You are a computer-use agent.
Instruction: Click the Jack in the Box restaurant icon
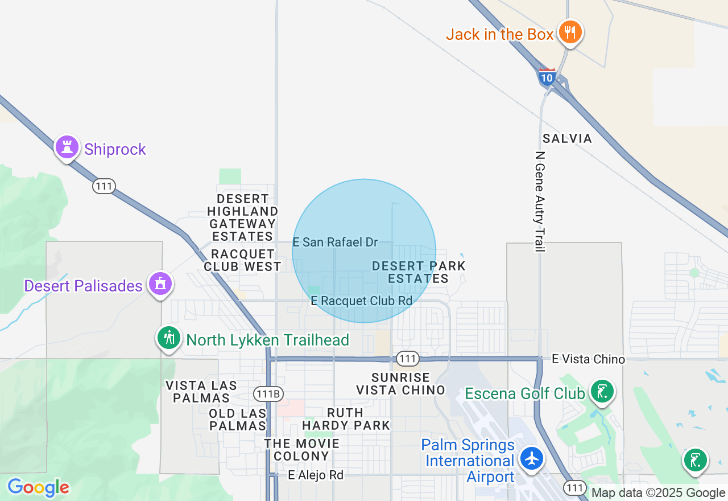pyautogui.click(x=569, y=32)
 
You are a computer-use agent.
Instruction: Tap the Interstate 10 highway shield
pyautogui.click(x=547, y=77)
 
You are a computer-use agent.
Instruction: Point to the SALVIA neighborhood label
pyautogui.click(x=567, y=138)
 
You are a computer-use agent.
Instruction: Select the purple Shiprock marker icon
pyautogui.click(x=67, y=147)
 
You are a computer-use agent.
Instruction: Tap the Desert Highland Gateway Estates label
pyautogui.click(x=243, y=217)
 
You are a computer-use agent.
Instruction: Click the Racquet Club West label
pyautogui.click(x=242, y=260)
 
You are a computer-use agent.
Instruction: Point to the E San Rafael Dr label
pyautogui.click(x=335, y=243)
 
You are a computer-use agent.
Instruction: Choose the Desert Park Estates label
pyautogui.click(x=419, y=272)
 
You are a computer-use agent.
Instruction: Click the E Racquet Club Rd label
pyautogui.click(x=361, y=301)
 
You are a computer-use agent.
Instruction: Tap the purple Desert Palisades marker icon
pyautogui.click(x=160, y=284)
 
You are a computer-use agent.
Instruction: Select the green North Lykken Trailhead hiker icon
pyautogui.click(x=168, y=338)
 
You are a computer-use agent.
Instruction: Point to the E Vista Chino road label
pyautogui.click(x=588, y=359)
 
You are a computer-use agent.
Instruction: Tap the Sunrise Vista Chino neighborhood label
pyautogui.click(x=400, y=384)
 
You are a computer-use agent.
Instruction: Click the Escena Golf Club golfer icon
pyautogui.click(x=601, y=391)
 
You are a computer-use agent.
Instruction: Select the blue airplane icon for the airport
pyautogui.click(x=532, y=458)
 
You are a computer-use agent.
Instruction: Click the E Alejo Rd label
pyautogui.click(x=316, y=475)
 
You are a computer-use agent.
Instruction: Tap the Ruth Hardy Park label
pyautogui.click(x=346, y=418)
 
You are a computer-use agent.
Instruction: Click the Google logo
pyautogui.click(x=38, y=488)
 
